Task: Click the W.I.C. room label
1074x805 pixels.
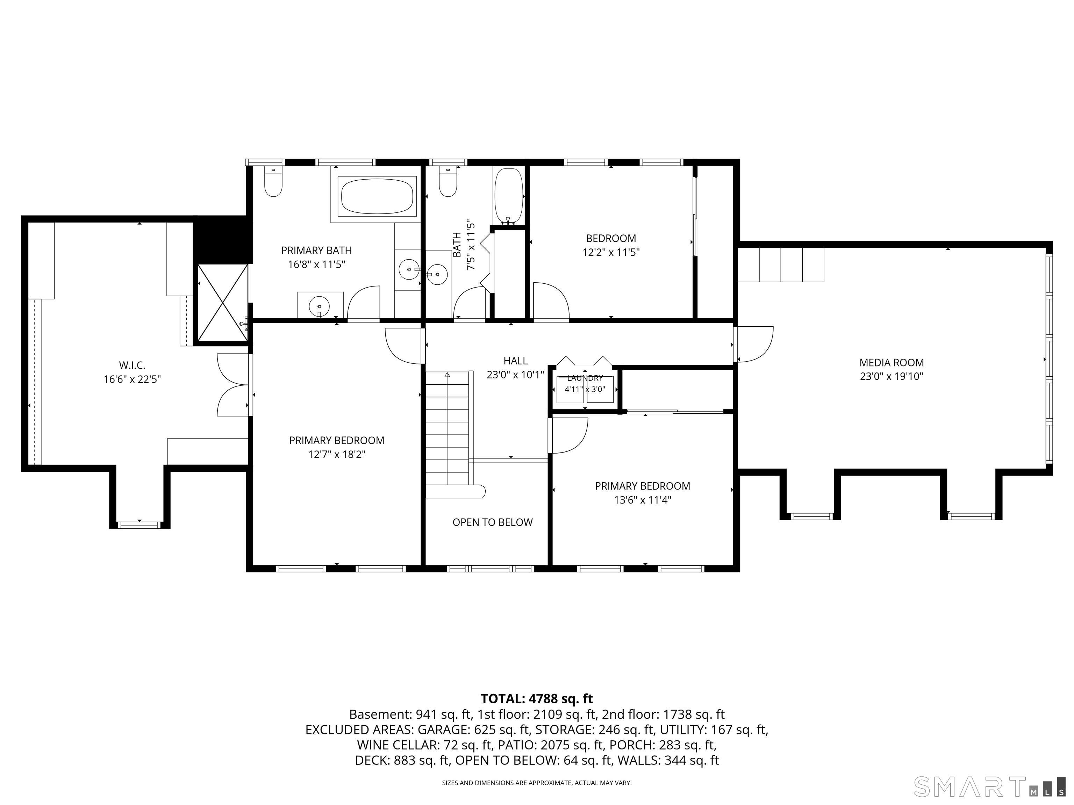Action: point(132,365)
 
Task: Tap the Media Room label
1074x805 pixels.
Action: point(892,362)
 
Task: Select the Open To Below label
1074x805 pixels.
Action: point(492,522)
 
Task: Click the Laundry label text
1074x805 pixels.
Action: point(585,378)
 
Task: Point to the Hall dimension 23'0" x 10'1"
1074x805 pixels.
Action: point(515,375)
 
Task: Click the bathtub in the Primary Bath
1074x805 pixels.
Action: point(377,196)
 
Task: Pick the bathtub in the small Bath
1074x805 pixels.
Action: point(508,196)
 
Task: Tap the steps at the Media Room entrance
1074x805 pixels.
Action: point(781,265)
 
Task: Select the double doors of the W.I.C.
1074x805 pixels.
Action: point(234,385)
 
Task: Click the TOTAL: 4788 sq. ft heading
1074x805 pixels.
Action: point(537,699)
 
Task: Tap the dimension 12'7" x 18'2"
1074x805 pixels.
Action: point(336,454)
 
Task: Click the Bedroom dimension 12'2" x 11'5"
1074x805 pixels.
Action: point(611,252)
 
